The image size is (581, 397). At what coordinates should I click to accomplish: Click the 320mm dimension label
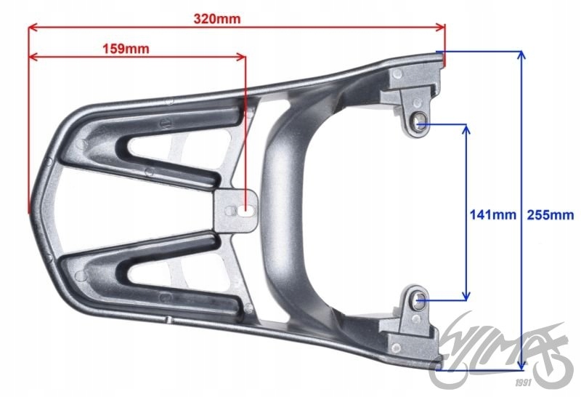(217, 19)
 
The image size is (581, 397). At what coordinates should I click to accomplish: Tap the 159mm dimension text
(126, 49)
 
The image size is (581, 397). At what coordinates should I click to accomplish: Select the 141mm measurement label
(493, 214)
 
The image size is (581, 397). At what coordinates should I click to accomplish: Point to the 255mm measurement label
(550, 214)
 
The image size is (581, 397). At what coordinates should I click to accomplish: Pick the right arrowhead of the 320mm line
(441, 27)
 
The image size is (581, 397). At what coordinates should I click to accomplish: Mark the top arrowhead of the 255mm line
(521, 55)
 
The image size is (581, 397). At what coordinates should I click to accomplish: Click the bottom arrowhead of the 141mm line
(466, 295)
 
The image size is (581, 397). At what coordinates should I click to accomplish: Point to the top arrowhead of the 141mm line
(466, 129)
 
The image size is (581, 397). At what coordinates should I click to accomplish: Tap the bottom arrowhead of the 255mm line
(521, 365)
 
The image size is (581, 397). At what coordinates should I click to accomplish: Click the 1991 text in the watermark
(523, 382)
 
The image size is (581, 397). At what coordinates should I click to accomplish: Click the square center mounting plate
(235, 211)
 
